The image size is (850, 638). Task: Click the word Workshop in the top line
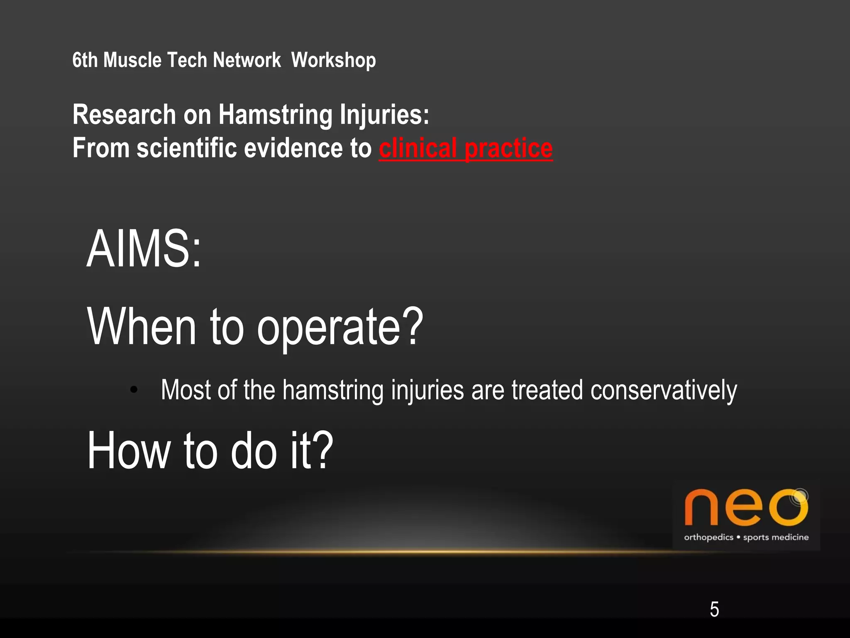pos(333,61)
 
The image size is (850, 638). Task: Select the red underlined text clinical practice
pos(465,148)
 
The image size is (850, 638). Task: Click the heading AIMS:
pos(144,249)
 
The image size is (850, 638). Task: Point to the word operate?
pos(340,327)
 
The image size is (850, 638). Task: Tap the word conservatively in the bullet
pos(663,390)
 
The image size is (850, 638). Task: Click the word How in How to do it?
pos(128,451)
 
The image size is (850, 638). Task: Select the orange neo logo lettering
pos(745,508)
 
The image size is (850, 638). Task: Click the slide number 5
pos(714,609)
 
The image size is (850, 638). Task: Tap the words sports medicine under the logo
pos(775,537)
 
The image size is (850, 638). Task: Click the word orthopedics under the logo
pos(708,537)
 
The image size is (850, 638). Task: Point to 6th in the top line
pos(85,61)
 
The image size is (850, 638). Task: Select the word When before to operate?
pos(141,327)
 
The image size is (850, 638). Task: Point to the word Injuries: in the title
pos(384,115)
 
